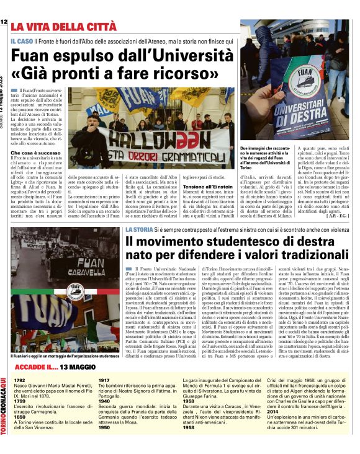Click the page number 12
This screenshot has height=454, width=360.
click(4, 23)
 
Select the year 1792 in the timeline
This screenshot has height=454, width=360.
click(20, 380)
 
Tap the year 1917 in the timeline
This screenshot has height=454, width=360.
click(104, 380)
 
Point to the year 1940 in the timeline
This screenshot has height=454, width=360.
click(104, 401)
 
